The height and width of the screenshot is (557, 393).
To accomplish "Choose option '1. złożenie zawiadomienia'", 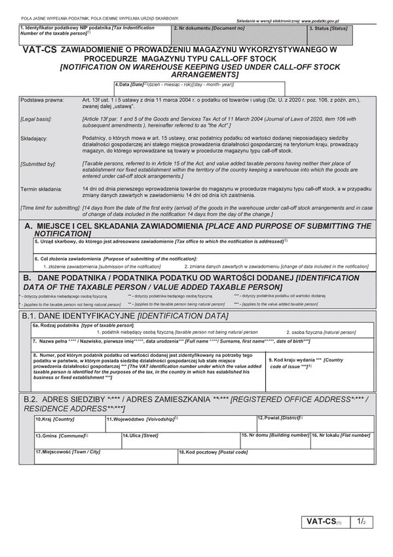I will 102,266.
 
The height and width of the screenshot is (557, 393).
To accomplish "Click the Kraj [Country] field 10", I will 69,424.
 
